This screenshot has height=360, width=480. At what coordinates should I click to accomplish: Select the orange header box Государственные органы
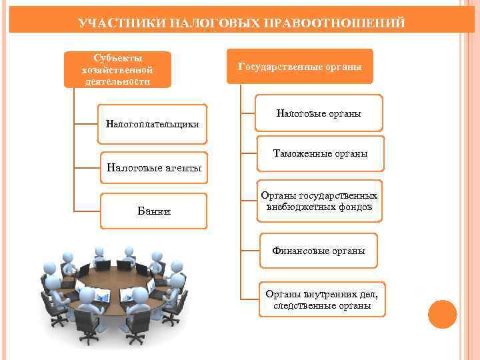[x=299, y=67]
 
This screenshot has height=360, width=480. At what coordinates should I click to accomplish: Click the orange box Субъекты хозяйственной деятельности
[x=117, y=70]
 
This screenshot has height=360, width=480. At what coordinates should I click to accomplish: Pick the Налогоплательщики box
[x=153, y=123]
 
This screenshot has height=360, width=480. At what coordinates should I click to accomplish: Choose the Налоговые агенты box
[x=154, y=167]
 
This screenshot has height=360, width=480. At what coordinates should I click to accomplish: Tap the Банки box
[x=154, y=211]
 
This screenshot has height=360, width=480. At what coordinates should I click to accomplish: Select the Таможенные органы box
[x=320, y=154]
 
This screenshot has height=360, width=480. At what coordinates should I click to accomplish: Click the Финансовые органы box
[x=318, y=251]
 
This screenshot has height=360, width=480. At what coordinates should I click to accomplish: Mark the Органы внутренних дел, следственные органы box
[x=321, y=300]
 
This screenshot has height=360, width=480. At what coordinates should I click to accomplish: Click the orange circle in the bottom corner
[x=442, y=314]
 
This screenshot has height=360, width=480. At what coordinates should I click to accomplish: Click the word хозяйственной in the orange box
[x=117, y=70]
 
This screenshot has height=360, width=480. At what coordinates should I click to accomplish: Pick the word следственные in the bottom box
[x=300, y=306]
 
